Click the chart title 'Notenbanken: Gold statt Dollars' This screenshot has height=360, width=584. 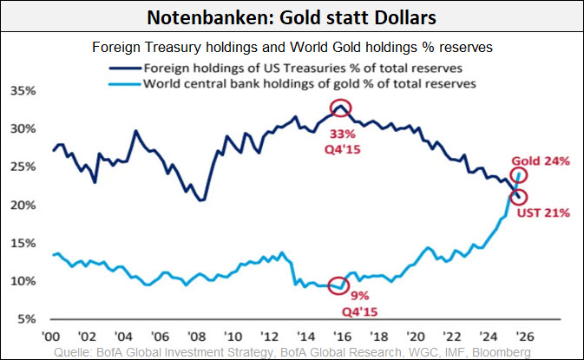(292, 17)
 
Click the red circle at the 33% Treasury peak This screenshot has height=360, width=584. (341, 108)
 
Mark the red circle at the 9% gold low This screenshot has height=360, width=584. (342, 285)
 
